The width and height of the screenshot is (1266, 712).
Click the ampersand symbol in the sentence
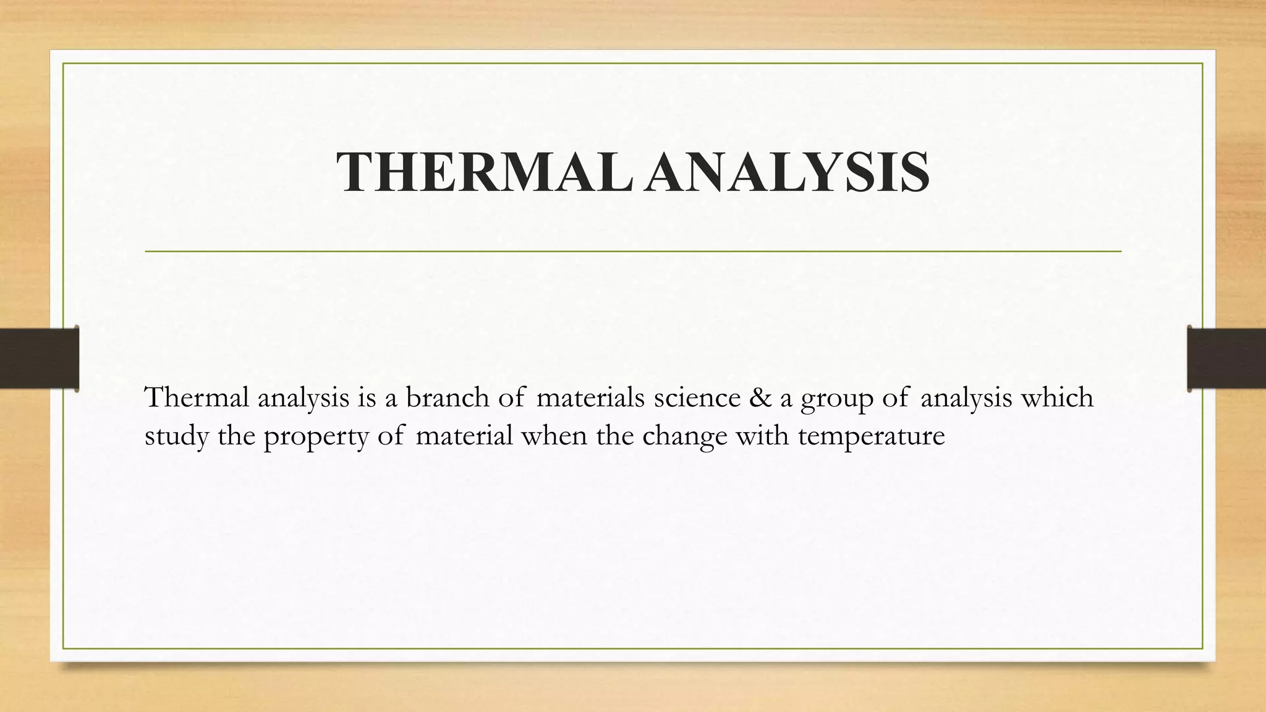coord(760,397)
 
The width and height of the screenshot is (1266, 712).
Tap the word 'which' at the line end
coord(1056,397)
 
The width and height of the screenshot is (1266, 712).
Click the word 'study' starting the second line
coord(176,436)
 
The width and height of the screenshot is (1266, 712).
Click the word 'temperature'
coord(872,436)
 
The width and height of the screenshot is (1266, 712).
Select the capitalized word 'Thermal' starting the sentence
coord(196,397)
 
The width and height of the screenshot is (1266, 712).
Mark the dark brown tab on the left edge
coord(39,358)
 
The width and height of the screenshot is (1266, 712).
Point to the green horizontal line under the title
coord(633,252)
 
